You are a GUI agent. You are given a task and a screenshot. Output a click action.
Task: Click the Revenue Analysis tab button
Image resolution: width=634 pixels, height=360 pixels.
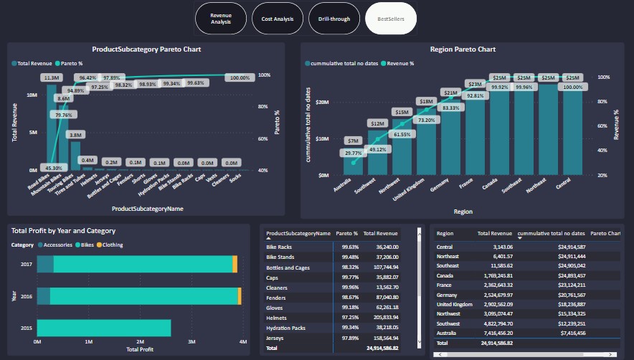pos(221,19)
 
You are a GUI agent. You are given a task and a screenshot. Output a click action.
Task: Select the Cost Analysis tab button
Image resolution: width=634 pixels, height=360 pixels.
pos(278,19)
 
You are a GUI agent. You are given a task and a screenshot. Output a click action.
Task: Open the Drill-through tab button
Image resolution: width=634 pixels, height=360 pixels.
pos(334,19)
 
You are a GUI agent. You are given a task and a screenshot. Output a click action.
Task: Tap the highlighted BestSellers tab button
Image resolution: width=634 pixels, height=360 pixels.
pos(391,19)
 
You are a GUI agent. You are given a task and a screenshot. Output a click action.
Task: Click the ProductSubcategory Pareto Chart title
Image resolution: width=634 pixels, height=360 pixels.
pos(146,49)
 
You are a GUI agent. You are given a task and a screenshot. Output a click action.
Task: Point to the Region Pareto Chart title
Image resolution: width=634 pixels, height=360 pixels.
pos(463,49)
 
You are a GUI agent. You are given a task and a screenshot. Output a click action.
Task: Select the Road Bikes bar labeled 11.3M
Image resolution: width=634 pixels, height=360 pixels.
pos(52,125)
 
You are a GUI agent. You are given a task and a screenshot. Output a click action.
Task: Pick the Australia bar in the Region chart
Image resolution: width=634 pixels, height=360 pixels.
pos(353,164)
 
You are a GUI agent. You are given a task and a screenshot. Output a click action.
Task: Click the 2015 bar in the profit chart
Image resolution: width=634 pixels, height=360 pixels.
pos(104,328)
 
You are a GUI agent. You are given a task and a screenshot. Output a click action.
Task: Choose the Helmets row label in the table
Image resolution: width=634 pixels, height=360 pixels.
pos(278,317)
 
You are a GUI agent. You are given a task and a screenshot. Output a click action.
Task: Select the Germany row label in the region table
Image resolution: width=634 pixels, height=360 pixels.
pos(447,293)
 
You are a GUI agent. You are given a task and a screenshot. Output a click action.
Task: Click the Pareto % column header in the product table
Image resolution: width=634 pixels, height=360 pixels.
pos(346,233)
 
